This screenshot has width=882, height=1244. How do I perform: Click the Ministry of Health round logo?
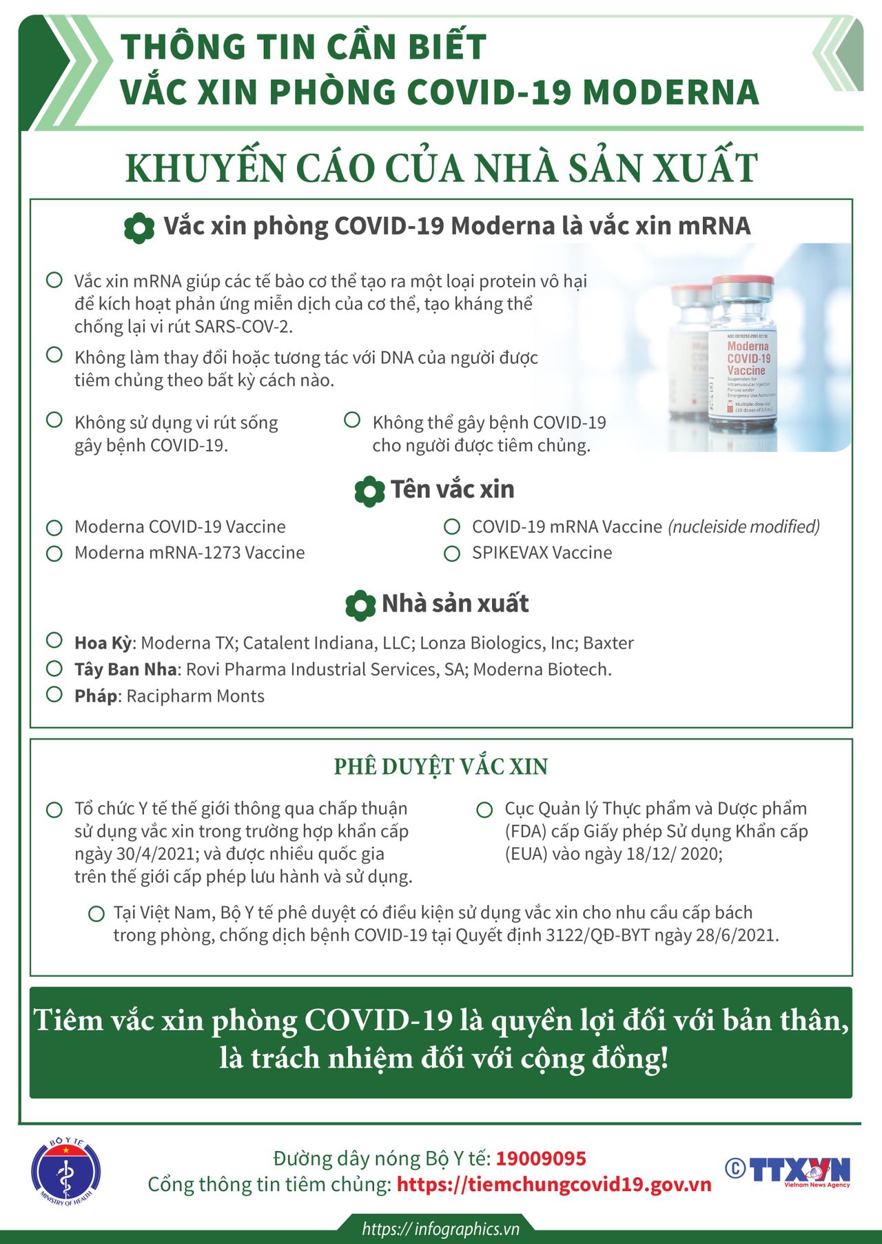click(x=66, y=1172)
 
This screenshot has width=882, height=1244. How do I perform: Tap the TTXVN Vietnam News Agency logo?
click(x=788, y=1170)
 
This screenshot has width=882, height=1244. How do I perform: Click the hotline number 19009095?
click(x=541, y=1159)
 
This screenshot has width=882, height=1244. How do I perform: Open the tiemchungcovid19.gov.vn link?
click(x=554, y=1185)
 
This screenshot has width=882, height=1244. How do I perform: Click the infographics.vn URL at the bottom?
click(x=440, y=1229)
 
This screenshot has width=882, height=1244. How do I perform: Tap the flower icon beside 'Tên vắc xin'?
click(x=369, y=491)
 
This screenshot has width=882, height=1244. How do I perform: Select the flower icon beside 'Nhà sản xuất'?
click(x=360, y=604)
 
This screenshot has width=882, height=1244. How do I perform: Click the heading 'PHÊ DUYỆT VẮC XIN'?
click(x=441, y=766)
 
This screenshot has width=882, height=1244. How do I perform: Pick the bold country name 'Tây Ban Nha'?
click(x=125, y=669)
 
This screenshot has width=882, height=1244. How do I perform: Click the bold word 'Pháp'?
click(x=96, y=696)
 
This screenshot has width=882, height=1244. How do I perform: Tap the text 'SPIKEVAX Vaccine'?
click(x=542, y=553)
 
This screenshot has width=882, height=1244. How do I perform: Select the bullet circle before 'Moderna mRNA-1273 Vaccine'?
click(x=54, y=553)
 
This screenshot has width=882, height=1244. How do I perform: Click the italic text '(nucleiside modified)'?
click(x=743, y=527)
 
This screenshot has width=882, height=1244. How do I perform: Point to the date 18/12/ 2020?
click(x=673, y=854)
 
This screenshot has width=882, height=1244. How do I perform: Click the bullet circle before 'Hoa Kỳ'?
click(x=54, y=640)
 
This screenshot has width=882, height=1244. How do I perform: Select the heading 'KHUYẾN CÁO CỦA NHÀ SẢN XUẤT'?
click(x=441, y=168)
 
